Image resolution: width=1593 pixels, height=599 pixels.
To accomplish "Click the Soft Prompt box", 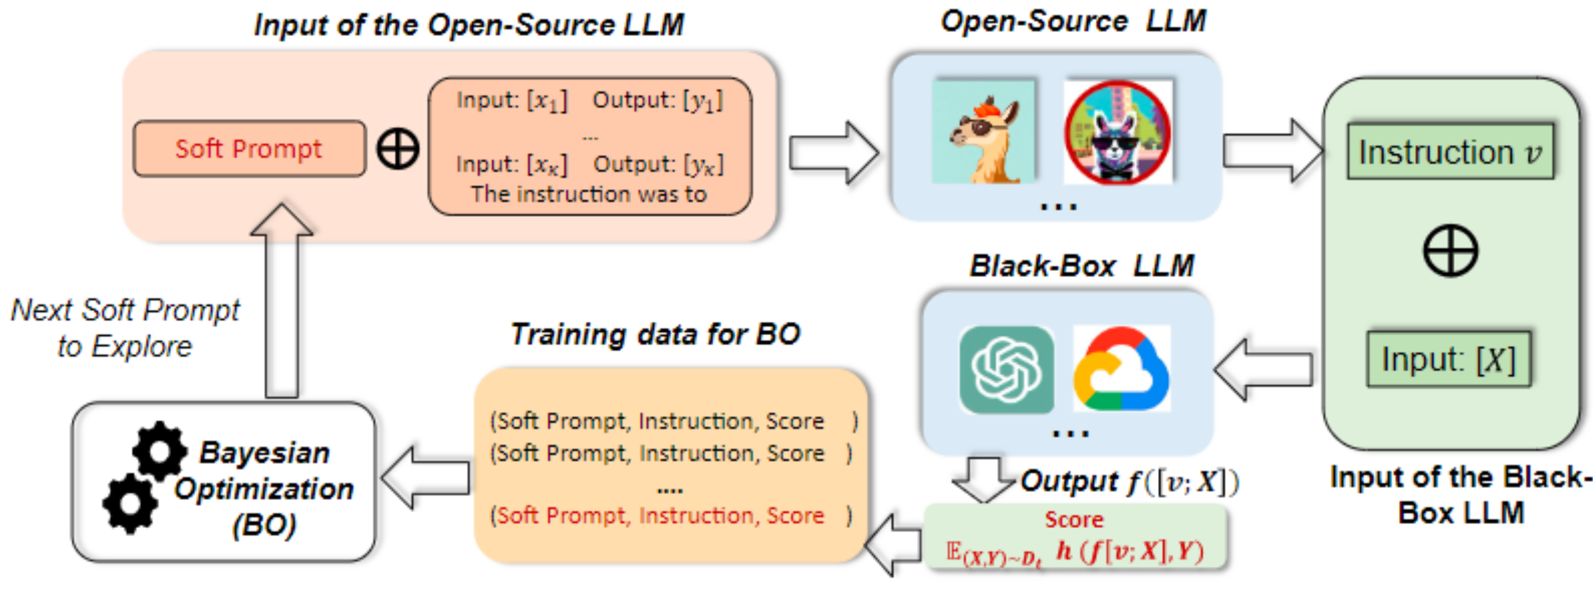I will [249, 149].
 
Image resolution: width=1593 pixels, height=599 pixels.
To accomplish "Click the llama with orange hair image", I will [983, 132].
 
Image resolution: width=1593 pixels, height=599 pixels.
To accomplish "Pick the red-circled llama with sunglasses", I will [1117, 132].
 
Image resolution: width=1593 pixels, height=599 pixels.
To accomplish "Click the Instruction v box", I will [1450, 152].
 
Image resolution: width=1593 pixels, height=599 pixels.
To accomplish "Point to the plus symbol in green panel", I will [1450, 251].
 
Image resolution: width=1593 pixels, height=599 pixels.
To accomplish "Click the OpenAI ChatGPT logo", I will [1006, 370].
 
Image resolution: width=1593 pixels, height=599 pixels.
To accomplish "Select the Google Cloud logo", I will [1121, 370].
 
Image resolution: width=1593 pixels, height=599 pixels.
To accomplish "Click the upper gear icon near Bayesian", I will [159, 451].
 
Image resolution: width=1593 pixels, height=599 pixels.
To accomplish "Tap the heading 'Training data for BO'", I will [655, 335].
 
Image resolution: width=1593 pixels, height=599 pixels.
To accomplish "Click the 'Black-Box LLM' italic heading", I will [1081, 266].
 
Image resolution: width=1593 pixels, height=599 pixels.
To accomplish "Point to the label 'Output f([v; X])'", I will [1129, 481].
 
